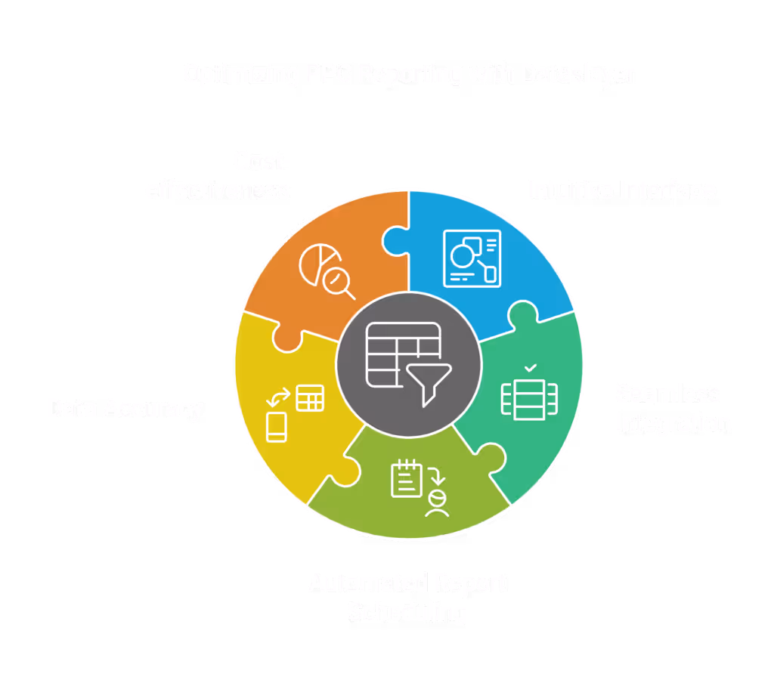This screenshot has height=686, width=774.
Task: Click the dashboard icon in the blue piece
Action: (471, 257)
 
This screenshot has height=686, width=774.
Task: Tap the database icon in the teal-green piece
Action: (530, 397)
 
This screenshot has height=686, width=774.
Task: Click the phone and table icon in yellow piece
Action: (294, 413)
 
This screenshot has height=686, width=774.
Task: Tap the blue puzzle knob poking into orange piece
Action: (394, 241)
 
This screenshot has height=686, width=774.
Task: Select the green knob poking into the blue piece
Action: (522, 311)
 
